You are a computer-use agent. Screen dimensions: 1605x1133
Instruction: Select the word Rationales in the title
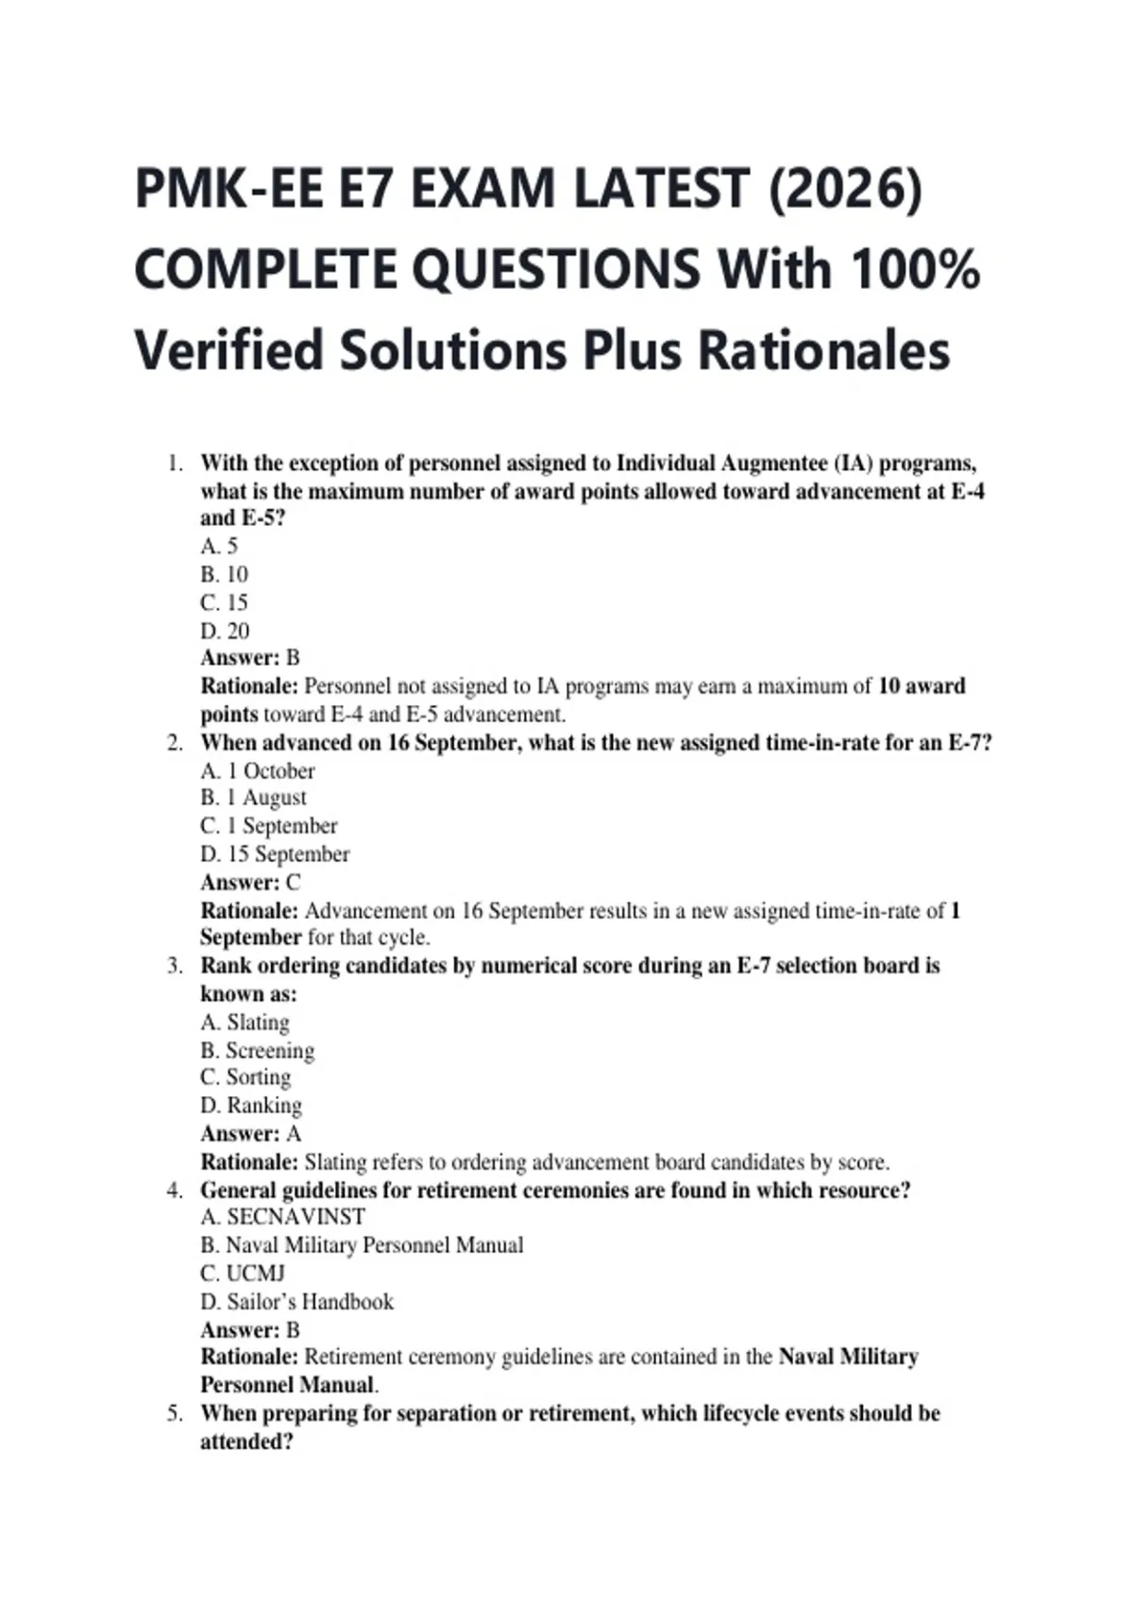[823, 350]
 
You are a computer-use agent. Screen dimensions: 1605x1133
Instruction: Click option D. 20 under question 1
[225, 631]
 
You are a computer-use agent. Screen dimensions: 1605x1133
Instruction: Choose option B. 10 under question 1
[224, 574]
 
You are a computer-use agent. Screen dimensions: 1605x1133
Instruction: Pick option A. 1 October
[257, 770]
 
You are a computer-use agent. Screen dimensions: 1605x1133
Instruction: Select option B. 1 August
[253, 798]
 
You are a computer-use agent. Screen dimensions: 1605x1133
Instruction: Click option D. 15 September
[275, 854]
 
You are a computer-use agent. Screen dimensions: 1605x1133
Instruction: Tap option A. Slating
[245, 1022]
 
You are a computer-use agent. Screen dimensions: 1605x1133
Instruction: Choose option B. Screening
[257, 1051]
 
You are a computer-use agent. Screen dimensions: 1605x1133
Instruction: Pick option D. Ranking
[251, 1106]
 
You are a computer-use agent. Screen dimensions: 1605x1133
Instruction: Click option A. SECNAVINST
[282, 1217]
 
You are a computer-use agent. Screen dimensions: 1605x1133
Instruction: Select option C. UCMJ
[243, 1274]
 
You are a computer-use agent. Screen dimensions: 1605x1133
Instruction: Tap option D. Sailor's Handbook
[296, 1302]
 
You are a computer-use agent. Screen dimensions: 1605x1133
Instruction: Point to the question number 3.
[174, 966]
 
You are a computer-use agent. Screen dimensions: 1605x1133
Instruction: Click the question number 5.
[174, 1413]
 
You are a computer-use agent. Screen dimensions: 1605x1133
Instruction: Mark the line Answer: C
[250, 883]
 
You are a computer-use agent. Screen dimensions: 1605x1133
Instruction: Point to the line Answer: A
[250, 1134]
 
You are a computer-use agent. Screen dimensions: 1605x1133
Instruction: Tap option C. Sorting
[245, 1077]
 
